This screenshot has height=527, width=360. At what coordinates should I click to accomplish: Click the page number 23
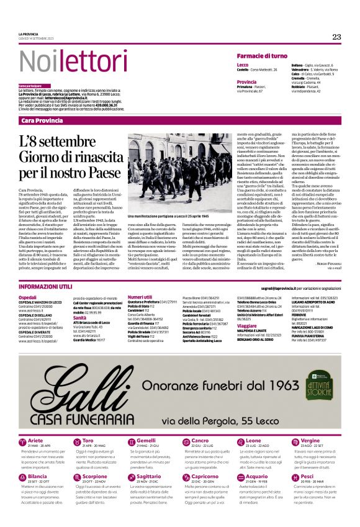(x=336, y=37)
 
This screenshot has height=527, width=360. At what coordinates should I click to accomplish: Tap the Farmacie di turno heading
(x=261, y=56)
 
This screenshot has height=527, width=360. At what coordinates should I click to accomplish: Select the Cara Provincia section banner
(x=42, y=120)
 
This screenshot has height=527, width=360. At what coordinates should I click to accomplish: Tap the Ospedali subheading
(x=27, y=297)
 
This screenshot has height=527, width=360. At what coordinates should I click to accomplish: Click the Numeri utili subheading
(x=140, y=297)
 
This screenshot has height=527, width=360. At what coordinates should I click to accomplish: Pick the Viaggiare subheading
(x=247, y=325)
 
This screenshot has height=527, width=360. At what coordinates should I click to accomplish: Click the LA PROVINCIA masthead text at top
(x=29, y=34)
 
